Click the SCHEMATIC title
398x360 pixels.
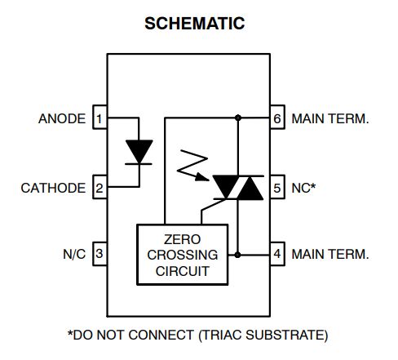click(x=194, y=24)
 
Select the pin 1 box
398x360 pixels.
click(x=99, y=119)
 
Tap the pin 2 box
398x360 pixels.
click(x=99, y=188)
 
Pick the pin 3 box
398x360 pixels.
click(x=99, y=254)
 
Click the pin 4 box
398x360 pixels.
click(x=277, y=254)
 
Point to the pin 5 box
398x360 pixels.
click(x=277, y=188)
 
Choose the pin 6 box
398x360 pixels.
click(x=277, y=119)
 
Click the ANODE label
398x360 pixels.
click(x=61, y=119)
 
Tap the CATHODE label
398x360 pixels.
click(x=53, y=188)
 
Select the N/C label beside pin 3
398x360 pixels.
click(x=74, y=254)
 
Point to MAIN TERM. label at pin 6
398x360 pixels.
click(x=329, y=119)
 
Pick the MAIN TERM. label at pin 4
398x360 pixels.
click(x=329, y=254)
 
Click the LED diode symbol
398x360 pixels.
click(x=139, y=153)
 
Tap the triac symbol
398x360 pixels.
click(x=237, y=188)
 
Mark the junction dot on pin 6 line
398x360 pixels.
click(x=237, y=119)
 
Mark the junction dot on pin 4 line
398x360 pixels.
click(x=237, y=254)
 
